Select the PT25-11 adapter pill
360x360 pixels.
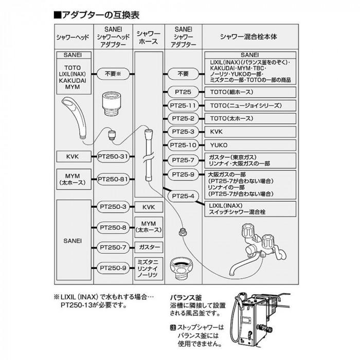pyautogui.click(x=184, y=105)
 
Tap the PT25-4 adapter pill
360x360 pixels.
pyautogui.click(x=184, y=196)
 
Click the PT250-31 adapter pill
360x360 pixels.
pyautogui.click(x=113, y=156)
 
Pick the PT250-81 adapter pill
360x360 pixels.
pyautogui.click(x=113, y=179)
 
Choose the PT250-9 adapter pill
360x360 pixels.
pyautogui.click(x=113, y=267)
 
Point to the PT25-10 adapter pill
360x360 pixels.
pyautogui.click(x=184, y=145)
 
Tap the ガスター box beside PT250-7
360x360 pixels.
pyautogui.click(x=149, y=247)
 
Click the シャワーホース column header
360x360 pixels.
pyautogui.click(x=149, y=37)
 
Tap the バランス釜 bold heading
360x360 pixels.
pyautogui.click(x=185, y=297)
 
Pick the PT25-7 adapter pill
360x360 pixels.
pyautogui.click(x=184, y=160)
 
